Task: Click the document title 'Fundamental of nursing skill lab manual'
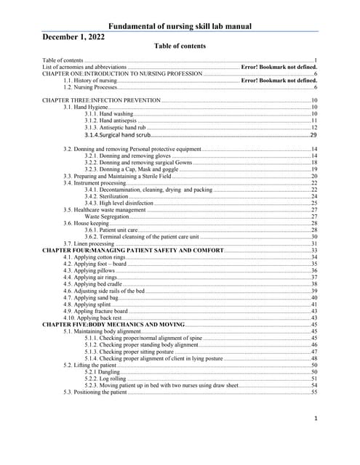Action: point(180,27)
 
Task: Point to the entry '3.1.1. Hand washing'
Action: point(108,114)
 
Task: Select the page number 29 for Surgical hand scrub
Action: point(313,135)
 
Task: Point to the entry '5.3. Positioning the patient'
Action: point(95,392)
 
